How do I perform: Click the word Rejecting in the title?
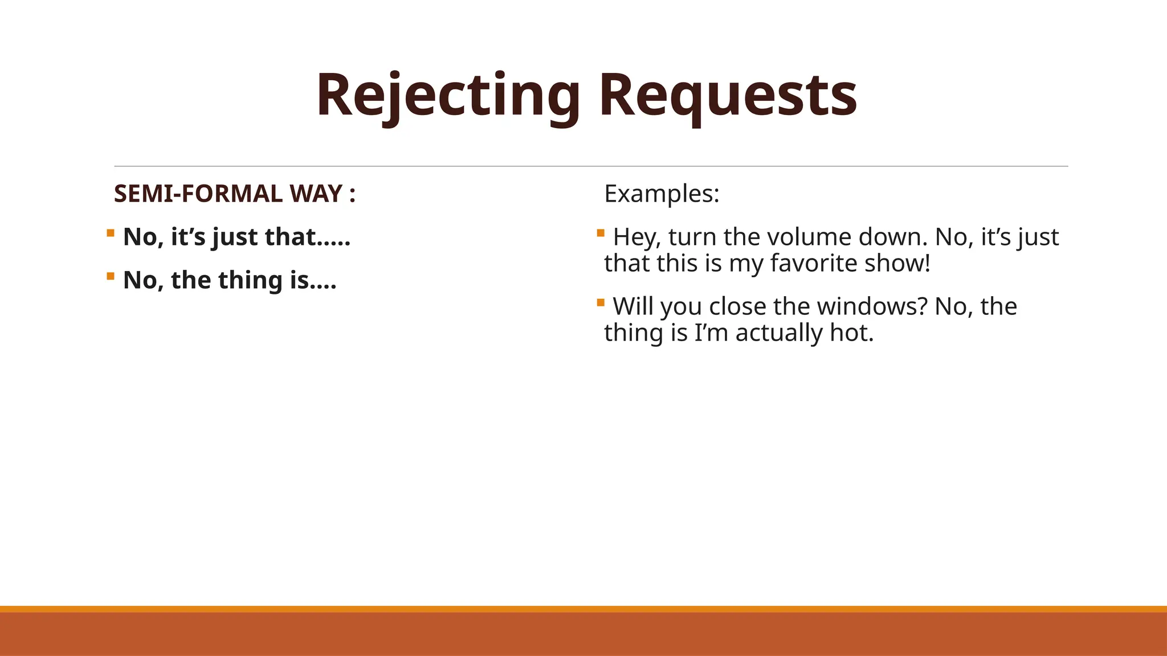[448, 96]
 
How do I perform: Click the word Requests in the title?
[728, 96]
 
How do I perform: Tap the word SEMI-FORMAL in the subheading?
[198, 194]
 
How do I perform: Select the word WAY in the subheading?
[316, 194]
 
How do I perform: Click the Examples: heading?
[662, 194]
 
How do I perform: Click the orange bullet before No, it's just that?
[111, 232]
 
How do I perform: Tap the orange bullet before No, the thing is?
[111, 276]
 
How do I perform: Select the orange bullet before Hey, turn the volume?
[601, 232]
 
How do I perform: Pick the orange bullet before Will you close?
[601, 302]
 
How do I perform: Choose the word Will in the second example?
[633, 307]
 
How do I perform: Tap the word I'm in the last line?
[711, 333]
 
